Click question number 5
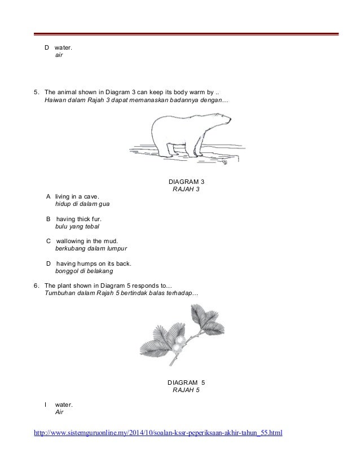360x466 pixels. pos(36,93)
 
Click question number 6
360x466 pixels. pos(36,285)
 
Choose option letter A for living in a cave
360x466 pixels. pos(48,196)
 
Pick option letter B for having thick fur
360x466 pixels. pos(48,218)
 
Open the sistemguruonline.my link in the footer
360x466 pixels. pos(158,433)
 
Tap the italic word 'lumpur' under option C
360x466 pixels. pos(117,248)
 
